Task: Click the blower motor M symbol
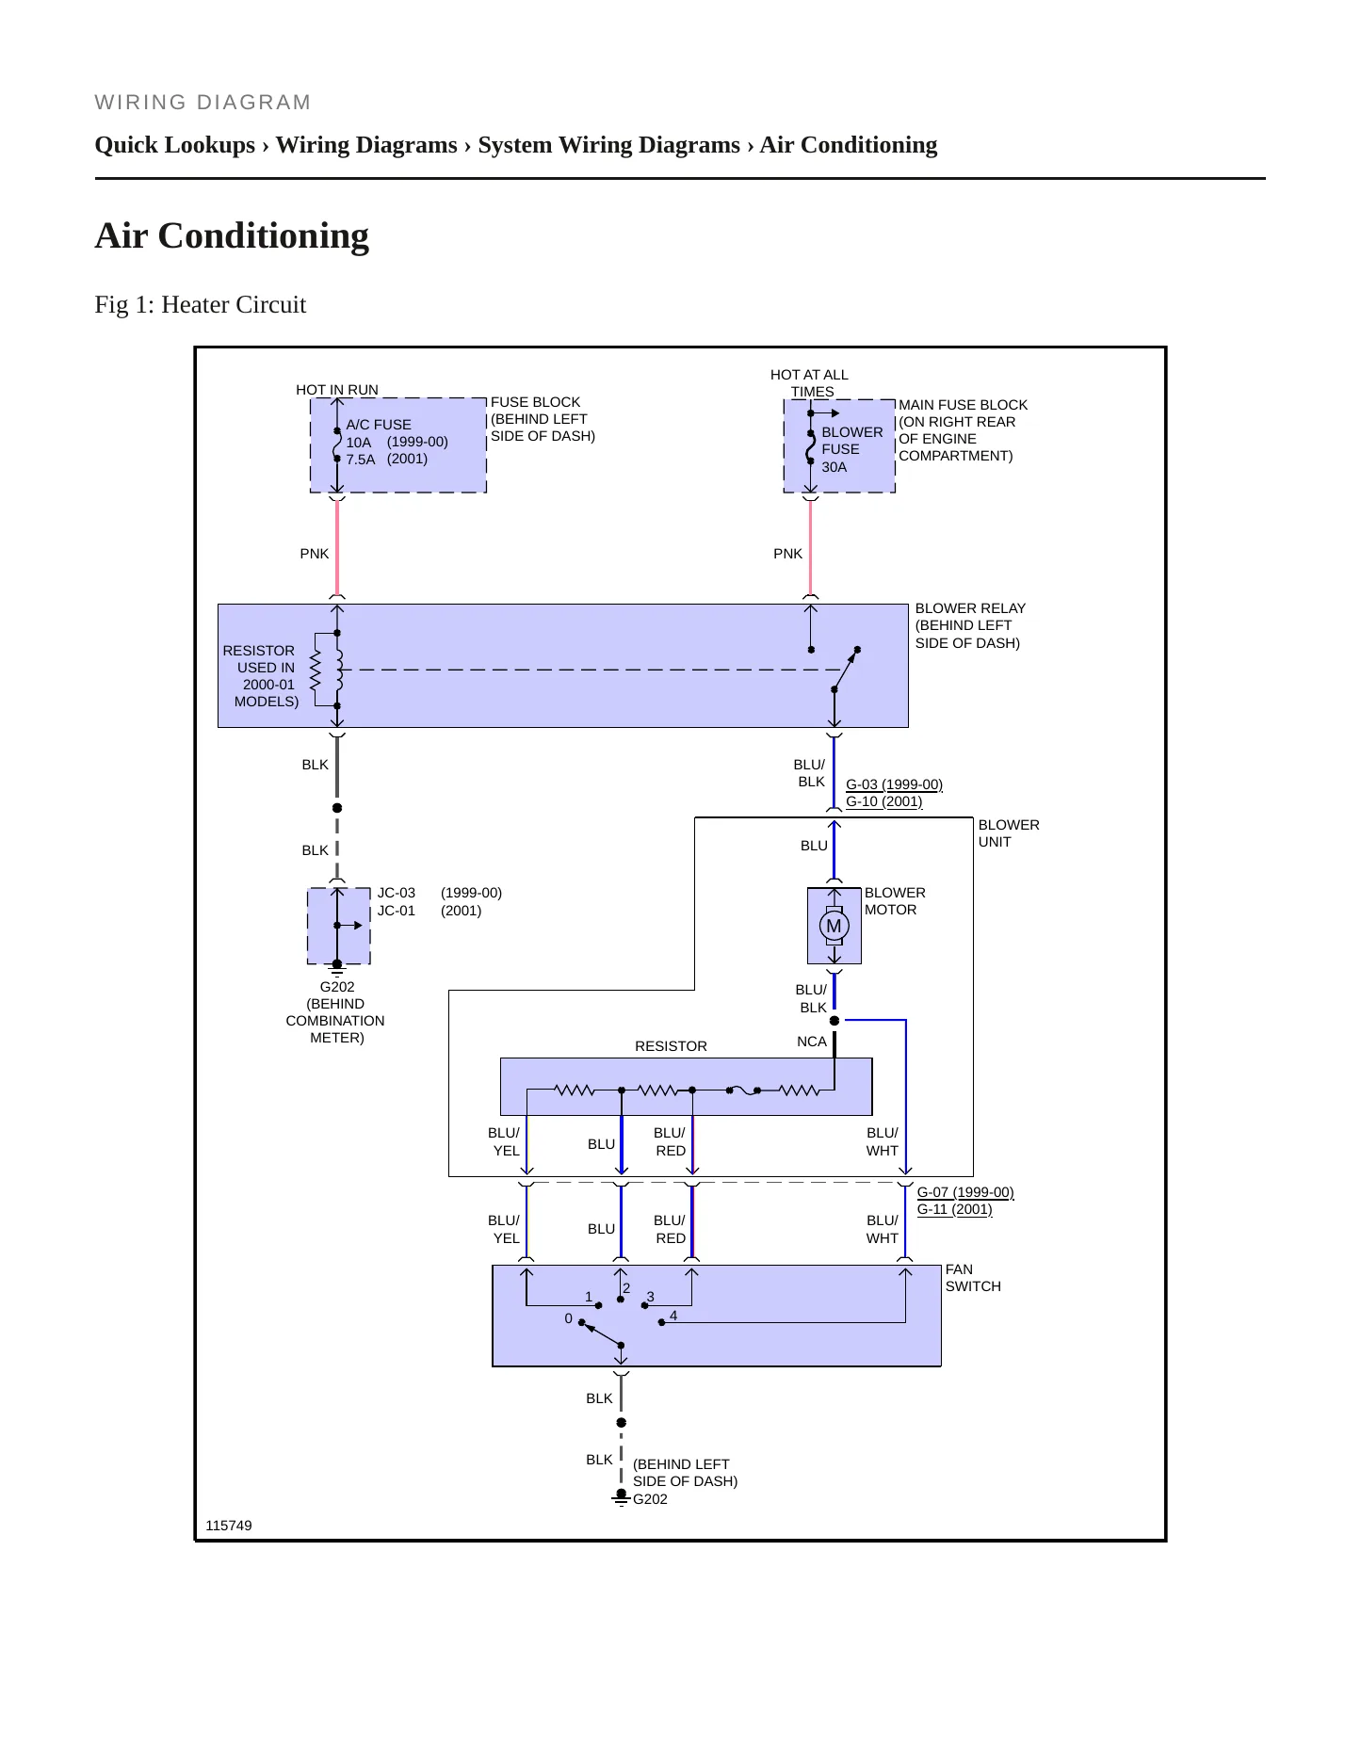pyautogui.click(x=834, y=926)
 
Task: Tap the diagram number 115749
pyautogui.click(x=229, y=1526)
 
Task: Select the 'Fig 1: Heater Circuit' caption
pyautogui.click(x=201, y=304)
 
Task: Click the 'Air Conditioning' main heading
pyautogui.click(x=232, y=235)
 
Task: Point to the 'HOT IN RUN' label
pyautogui.click(x=337, y=390)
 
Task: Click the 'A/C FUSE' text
pyautogui.click(x=379, y=425)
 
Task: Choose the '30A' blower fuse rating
pyautogui.click(x=834, y=467)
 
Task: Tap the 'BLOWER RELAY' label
pyautogui.click(x=970, y=608)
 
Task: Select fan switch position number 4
pyautogui.click(x=673, y=1316)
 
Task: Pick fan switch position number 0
pyautogui.click(x=568, y=1318)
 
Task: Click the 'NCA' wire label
pyautogui.click(x=812, y=1042)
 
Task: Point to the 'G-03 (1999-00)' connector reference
pyautogui.click(x=894, y=784)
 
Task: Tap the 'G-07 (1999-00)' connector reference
pyautogui.click(x=965, y=1192)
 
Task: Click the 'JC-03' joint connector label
pyautogui.click(x=397, y=893)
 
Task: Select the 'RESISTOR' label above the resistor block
pyautogui.click(x=671, y=1046)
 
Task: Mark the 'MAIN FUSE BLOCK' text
pyautogui.click(x=963, y=405)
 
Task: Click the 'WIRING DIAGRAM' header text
pyautogui.click(x=203, y=103)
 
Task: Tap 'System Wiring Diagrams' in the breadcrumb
pyautogui.click(x=608, y=145)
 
